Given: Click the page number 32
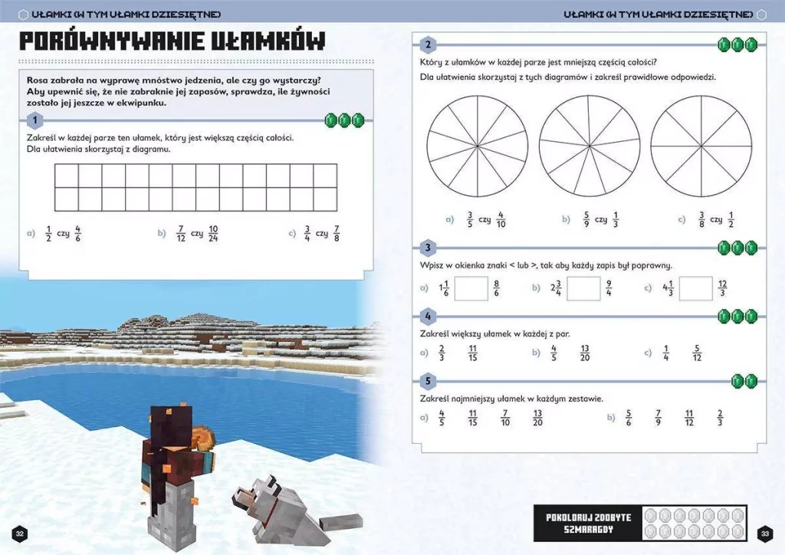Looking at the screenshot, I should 20,534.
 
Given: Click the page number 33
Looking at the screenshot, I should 764,534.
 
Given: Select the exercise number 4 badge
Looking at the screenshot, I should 429,317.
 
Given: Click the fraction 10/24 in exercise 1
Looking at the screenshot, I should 213,233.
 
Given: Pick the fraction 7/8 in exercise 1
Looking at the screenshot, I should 337,233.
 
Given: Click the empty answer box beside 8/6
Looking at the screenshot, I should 471,288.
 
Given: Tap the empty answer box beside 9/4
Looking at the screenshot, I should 583,288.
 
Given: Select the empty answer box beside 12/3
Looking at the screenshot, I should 695,288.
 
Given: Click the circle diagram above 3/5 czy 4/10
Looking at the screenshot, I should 477,146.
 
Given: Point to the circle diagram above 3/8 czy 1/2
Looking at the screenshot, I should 701,146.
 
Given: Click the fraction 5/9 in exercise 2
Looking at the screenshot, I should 586,219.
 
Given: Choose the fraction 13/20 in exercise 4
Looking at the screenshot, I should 585,353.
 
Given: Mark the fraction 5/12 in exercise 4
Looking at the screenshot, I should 697,353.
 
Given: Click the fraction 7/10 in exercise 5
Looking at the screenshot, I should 504,418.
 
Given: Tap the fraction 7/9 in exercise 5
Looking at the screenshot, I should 658,418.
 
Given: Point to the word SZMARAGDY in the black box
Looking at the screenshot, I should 590,530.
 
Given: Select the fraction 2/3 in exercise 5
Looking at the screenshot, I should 720,418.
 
